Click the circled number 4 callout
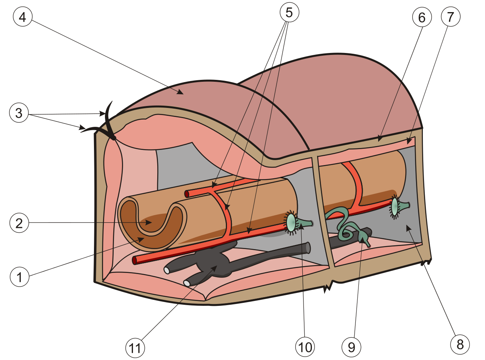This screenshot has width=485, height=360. (23, 17)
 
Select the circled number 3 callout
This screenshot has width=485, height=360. (19, 113)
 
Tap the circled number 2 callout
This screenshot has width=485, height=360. (19, 223)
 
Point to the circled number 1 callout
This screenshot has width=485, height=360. (19, 277)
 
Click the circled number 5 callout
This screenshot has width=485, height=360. (289, 12)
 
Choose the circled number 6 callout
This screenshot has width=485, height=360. (422, 17)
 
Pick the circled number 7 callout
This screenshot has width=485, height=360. (451, 17)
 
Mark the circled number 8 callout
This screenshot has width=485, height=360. (460, 344)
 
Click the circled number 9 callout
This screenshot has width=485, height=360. (351, 347)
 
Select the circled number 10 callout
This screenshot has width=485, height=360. (305, 347)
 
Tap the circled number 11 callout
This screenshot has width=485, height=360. (135, 348)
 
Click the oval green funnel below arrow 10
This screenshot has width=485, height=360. (291, 223)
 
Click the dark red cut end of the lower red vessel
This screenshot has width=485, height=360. (135, 260)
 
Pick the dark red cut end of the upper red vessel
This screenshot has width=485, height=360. (187, 194)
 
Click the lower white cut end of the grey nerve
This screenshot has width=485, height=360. (187, 283)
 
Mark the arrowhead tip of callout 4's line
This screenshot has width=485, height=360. (183, 94)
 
